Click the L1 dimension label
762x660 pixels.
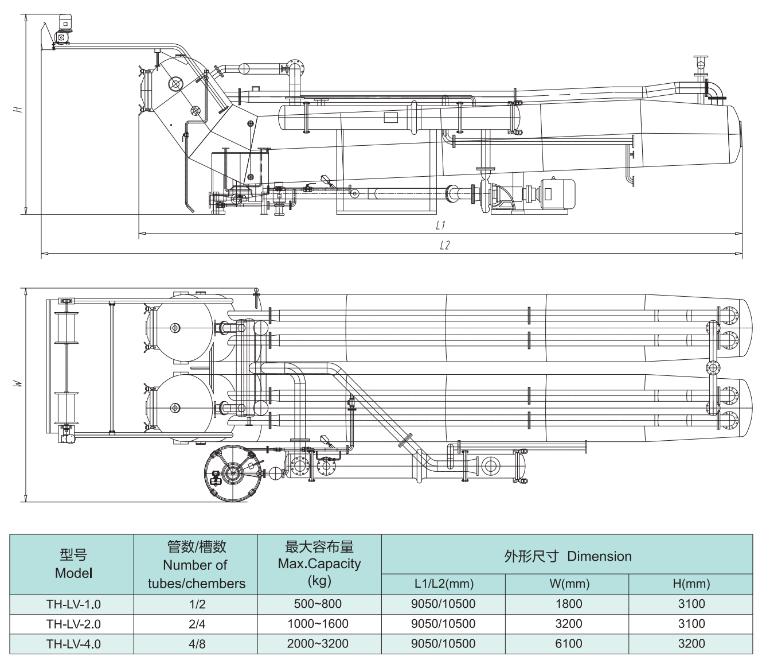[440, 226]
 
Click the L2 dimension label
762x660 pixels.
[445, 246]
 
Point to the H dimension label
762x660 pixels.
[18, 108]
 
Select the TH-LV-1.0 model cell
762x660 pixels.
[73, 604]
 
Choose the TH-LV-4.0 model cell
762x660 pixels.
[73, 644]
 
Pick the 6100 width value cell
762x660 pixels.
[568, 643]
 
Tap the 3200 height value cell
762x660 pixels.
[691, 643]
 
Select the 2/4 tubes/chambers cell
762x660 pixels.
[197, 624]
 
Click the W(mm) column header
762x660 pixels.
[569, 584]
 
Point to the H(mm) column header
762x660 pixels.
[691, 584]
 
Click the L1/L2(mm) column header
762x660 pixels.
[444, 584]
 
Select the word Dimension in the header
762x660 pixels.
[599, 556]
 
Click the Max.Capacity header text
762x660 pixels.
[319, 564]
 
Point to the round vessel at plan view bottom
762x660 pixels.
[233, 473]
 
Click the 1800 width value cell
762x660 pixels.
[568, 604]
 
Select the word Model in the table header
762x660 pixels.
[73, 573]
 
